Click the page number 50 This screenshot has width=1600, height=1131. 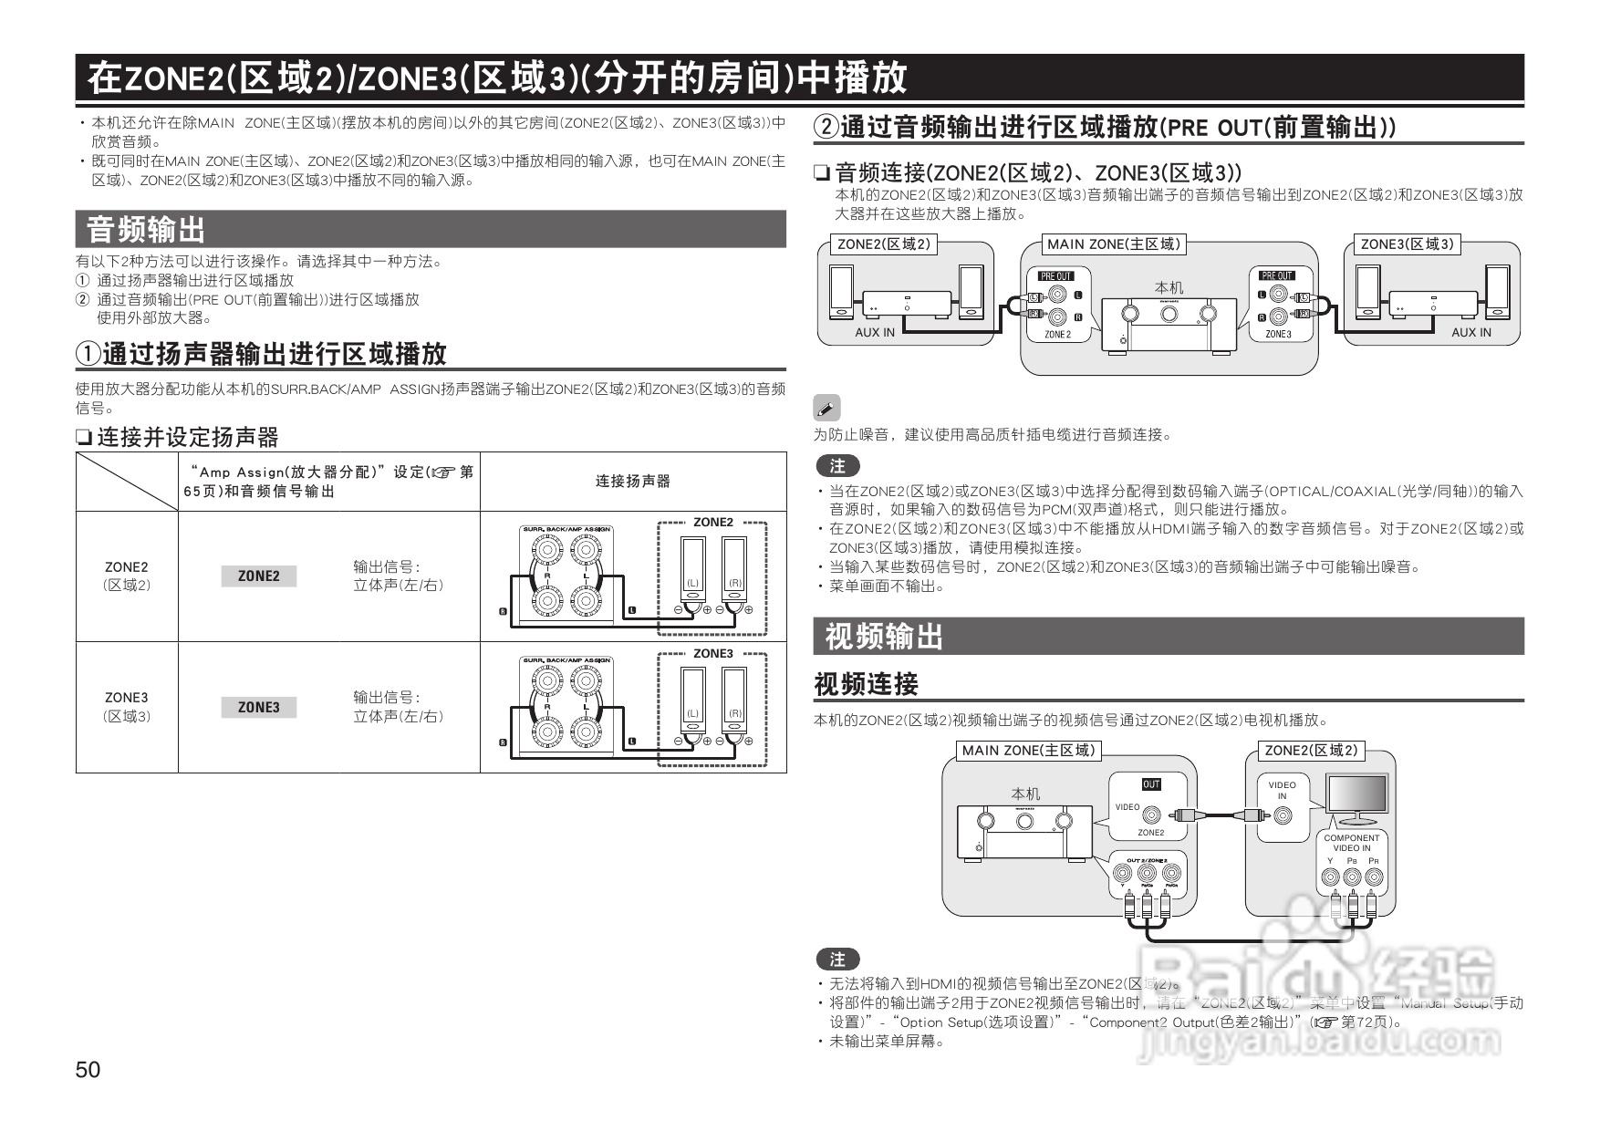pyautogui.click(x=88, y=1069)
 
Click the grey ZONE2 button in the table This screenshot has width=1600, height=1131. pyautogui.click(x=259, y=576)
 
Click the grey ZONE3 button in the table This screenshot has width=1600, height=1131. pyautogui.click(x=259, y=708)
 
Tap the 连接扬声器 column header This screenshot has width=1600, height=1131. pyautogui.click(x=633, y=481)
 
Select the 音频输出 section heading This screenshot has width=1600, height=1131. pyautogui.click(x=146, y=229)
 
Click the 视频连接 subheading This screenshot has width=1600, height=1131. pyautogui.click(x=866, y=684)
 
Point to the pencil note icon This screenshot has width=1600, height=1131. pyautogui.click(x=826, y=408)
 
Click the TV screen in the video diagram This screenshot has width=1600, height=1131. pyautogui.click(x=1358, y=795)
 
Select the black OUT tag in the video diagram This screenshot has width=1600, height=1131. pyautogui.click(x=1151, y=784)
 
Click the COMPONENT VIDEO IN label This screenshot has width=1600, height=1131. pyautogui.click(x=1351, y=843)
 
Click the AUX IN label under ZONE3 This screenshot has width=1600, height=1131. pyautogui.click(x=1470, y=333)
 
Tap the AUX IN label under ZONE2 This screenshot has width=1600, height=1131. pyautogui.click(x=875, y=333)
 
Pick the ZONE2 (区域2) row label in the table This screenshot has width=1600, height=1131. pyautogui.click(x=127, y=576)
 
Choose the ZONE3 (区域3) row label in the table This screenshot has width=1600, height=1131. pyautogui.click(x=127, y=707)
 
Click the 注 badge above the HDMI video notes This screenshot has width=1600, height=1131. pyautogui.click(x=837, y=960)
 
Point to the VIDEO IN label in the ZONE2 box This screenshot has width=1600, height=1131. pyautogui.click(x=1282, y=790)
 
